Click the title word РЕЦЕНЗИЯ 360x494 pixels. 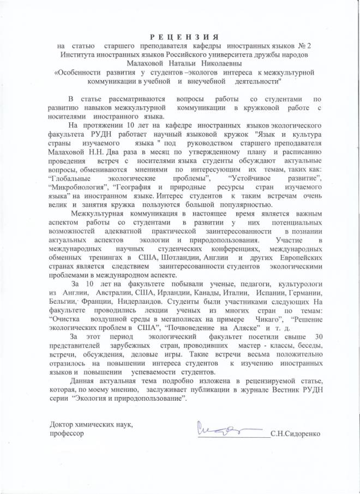pyautogui.click(x=179, y=36)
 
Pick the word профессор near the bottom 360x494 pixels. pyautogui.click(x=67, y=434)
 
